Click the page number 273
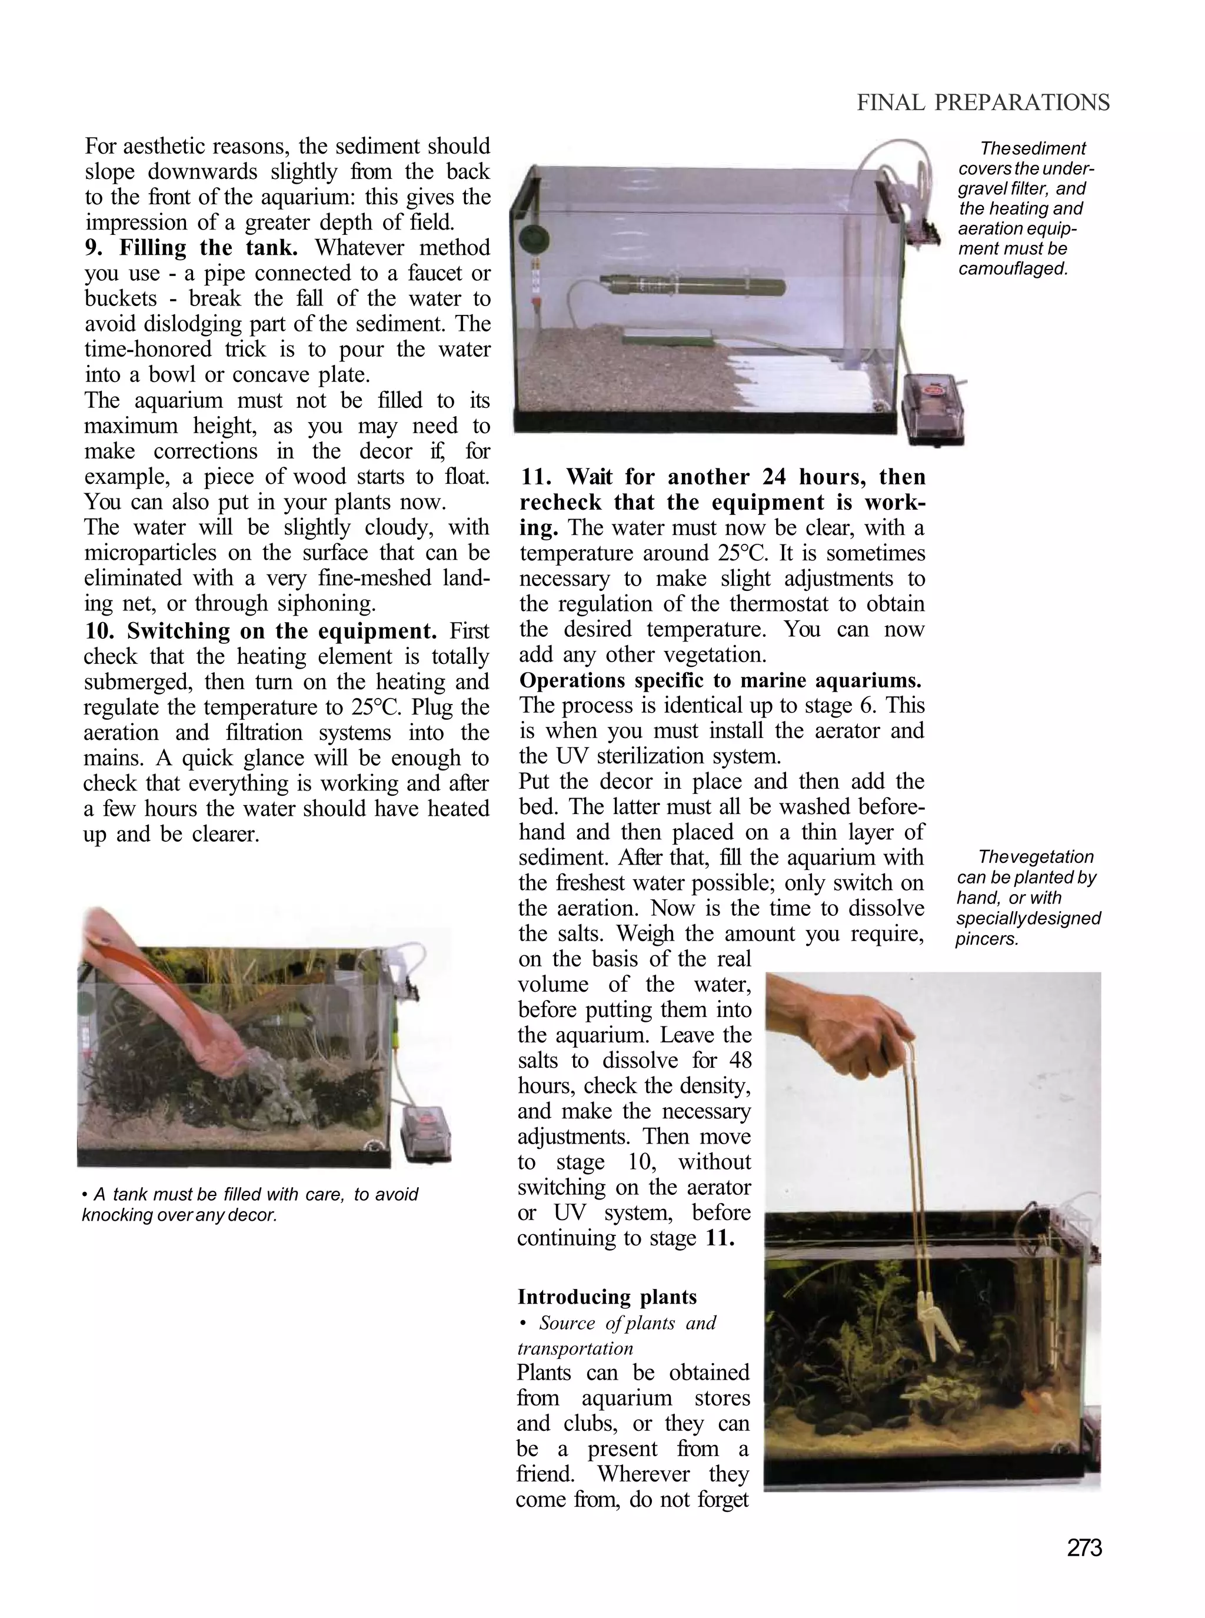(x=1084, y=1547)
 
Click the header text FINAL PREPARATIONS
(x=983, y=103)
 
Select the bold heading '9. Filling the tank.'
(x=191, y=248)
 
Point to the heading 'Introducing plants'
(x=607, y=1297)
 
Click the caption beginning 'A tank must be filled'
(x=250, y=1204)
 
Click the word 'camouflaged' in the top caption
(x=1013, y=268)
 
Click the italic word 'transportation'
(x=575, y=1348)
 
